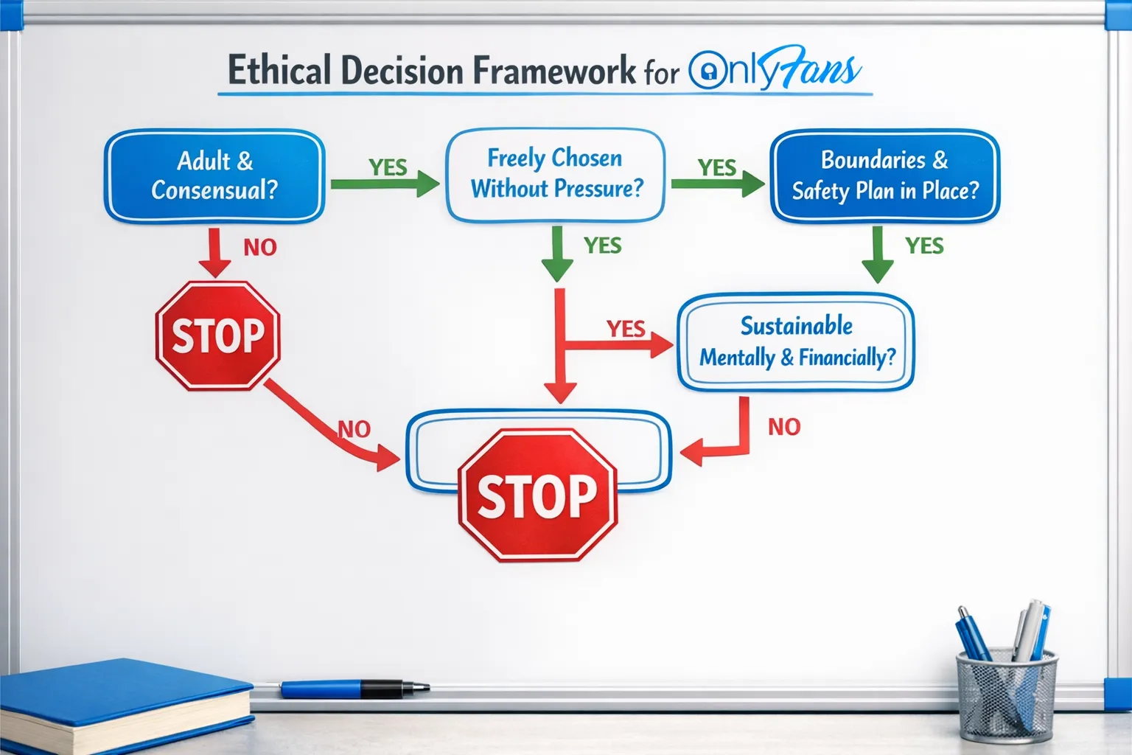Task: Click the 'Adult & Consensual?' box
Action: tap(214, 175)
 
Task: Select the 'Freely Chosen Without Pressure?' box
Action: tap(556, 175)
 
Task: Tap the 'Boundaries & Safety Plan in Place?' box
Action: tap(884, 175)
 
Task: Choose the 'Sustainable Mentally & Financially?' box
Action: tap(796, 342)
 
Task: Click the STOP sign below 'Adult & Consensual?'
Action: tap(217, 335)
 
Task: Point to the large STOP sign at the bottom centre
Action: tap(537, 495)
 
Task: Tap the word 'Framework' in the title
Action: tap(553, 71)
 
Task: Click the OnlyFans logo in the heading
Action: tap(774, 69)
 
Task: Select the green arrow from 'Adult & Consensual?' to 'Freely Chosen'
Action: tap(384, 184)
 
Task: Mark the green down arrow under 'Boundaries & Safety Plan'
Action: tap(877, 254)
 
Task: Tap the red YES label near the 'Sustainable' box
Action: tap(626, 328)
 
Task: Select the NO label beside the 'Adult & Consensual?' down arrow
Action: tap(260, 248)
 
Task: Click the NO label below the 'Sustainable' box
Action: tap(784, 427)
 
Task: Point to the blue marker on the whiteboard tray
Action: tap(354, 689)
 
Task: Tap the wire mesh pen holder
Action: tap(1006, 697)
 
